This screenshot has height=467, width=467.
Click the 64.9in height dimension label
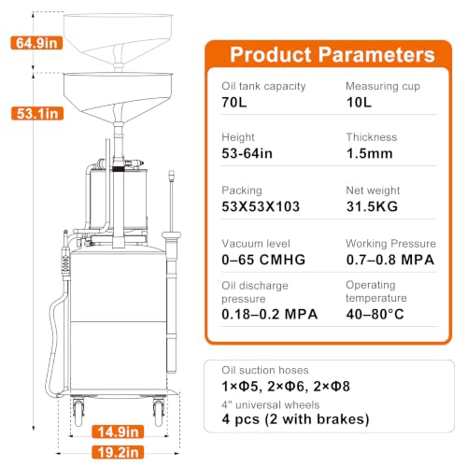[36, 43]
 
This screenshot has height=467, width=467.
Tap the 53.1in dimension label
[37, 113]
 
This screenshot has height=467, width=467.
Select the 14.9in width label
[118, 432]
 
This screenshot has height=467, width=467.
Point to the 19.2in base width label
[118, 452]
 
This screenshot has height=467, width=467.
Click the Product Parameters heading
[333, 55]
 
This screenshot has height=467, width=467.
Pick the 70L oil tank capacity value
[234, 102]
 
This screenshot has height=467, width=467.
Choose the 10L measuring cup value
[359, 102]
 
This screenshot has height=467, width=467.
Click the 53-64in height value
[247, 153]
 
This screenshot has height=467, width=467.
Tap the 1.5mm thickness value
[370, 153]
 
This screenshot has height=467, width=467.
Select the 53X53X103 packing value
[261, 206]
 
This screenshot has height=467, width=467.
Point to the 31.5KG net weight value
[372, 206]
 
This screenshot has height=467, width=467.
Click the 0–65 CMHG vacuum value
[263, 260]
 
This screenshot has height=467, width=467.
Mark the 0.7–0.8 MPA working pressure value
[390, 260]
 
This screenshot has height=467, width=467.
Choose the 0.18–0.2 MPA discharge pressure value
[270, 314]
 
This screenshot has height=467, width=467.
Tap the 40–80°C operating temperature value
[375, 314]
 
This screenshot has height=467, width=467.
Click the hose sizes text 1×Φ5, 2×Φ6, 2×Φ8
[286, 387]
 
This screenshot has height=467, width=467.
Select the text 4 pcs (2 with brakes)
[295, 419]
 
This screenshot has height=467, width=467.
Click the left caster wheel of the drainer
[78, 413]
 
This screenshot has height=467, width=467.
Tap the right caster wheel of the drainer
[159, 413]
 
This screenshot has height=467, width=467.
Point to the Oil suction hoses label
[265, 370]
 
